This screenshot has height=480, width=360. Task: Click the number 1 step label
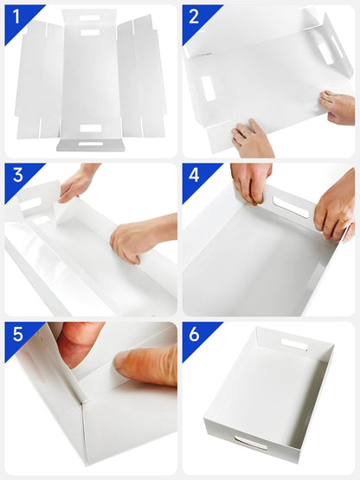(x=16, y=16)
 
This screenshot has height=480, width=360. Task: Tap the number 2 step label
(x=194, y=16)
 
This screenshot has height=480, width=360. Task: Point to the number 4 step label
(x=194, y=175)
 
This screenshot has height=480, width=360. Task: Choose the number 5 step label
(x=18, y=334)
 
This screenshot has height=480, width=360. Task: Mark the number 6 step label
(x=194, y=334)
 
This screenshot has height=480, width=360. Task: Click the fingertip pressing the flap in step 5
(x=123, y=362)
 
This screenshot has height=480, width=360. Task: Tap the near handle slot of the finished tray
(x=251, y=443)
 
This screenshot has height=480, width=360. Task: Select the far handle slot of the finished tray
(x=294, y=344)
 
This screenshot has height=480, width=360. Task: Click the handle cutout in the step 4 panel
(x=291, y=207)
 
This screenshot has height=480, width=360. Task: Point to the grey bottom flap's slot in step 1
(x=90, y=144)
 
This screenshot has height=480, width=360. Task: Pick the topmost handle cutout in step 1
(x=89, y=18)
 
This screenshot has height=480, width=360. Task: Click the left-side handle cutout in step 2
(x=208, y=88)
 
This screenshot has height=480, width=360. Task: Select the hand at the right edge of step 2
(x=337, y=107)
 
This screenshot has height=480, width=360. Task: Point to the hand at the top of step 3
(x=77, y=183)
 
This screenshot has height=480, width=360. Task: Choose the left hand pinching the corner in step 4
(x=251, y=183)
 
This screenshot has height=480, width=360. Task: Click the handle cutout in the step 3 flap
(x=31, y=203)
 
